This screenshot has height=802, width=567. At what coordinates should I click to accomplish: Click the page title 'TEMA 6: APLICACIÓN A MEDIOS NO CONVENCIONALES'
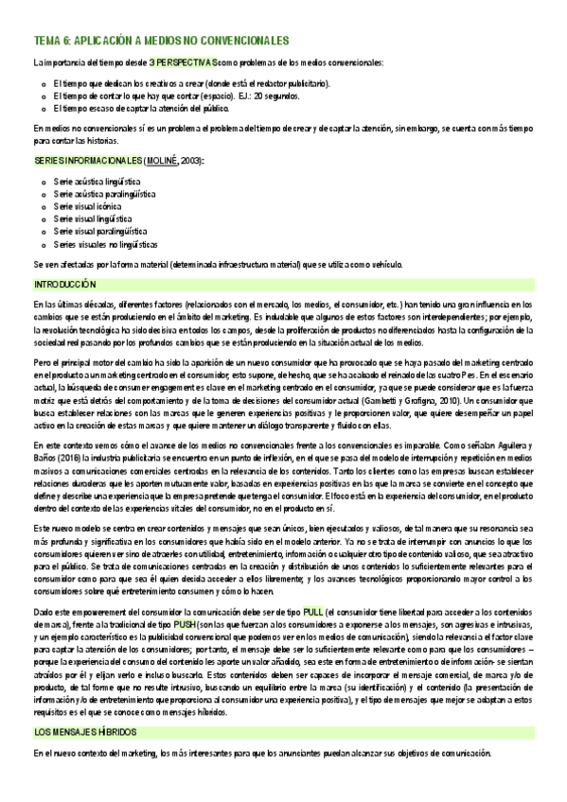click(161, 41)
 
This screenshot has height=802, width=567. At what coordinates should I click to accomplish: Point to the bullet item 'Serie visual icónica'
click(88, 205)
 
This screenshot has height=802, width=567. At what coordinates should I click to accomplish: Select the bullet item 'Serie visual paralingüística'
click(100, 231)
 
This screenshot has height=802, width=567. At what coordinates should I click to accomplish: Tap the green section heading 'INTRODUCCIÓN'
click(65, 284)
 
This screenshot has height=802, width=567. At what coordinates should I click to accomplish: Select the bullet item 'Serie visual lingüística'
click(92, 218)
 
